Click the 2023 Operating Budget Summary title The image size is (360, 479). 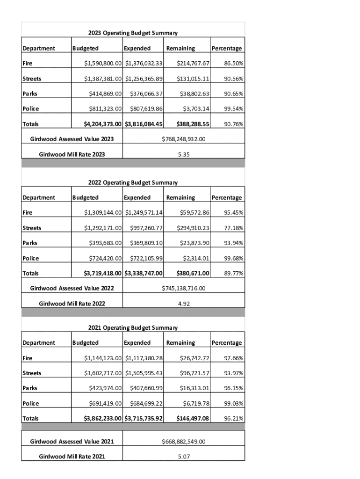[133, 33]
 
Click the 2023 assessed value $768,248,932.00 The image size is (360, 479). [183, 139]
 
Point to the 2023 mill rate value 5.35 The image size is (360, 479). [183, 154]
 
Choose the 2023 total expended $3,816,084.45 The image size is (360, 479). [144, 124]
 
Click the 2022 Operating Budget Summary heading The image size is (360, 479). [133, 182]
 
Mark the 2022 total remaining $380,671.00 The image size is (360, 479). [193, 274]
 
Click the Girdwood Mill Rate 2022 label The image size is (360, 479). [72, 304]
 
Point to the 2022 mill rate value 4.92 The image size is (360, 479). [183, 304]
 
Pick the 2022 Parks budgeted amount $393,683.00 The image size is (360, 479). [105, 243]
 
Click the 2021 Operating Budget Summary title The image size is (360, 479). [133, 327]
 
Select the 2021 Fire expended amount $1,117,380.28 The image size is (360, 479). [144, 358]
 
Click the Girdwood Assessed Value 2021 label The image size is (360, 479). [72, 442]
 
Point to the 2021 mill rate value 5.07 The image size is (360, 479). [183, 457]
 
